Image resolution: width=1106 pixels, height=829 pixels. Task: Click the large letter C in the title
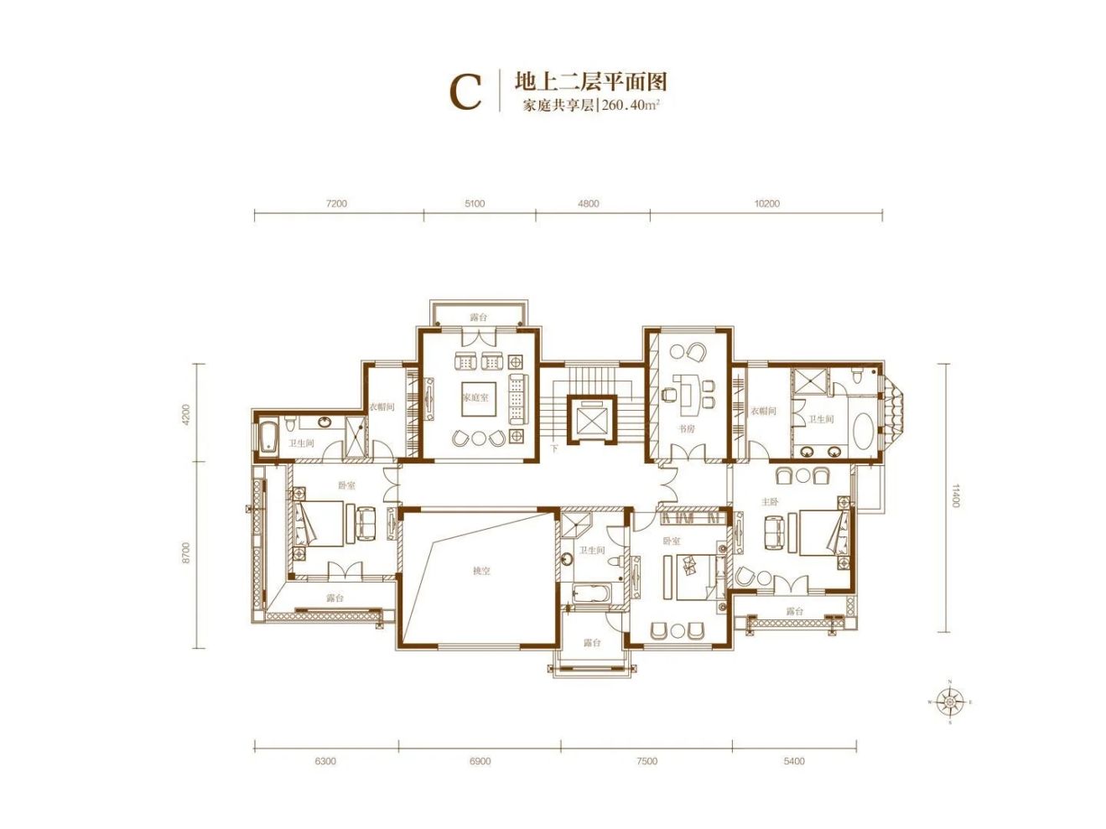click(466, 91)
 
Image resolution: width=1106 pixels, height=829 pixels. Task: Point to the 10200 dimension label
click(766, 204)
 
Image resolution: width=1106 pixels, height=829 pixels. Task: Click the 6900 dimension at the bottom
click(480, 761)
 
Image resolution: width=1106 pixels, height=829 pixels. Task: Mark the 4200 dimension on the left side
click(186, 414)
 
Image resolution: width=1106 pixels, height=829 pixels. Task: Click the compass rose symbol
click(950, 702)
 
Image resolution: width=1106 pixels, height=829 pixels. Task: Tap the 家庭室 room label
click(475, 397)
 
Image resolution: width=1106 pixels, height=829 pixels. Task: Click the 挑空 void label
click(480, 571)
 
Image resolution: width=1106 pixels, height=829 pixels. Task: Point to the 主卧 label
click(770, 502)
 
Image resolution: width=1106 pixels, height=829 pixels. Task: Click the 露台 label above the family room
click(478, 318)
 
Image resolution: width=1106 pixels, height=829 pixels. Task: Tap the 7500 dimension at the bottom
click(646, 761)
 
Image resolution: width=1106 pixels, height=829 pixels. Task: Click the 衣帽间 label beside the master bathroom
click(763, 412)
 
